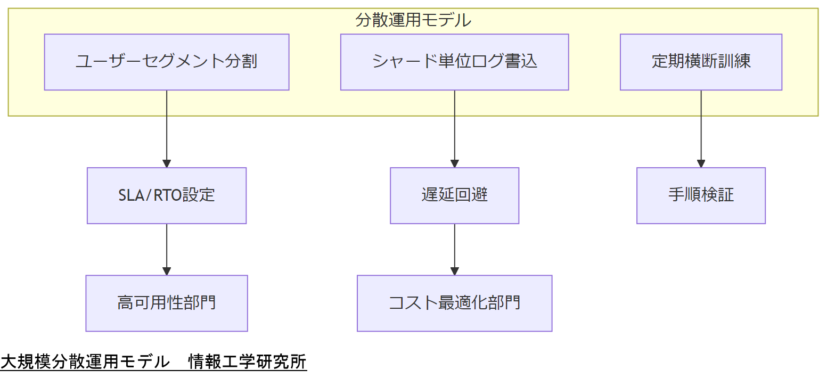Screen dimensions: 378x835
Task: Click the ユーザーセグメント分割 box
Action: [x=167, y=62]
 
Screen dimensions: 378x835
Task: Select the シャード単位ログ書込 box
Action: [x=454, y=62]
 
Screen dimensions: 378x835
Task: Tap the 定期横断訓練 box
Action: [x=701, y=62]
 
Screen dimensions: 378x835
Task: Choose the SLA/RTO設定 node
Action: [x=167, y=195]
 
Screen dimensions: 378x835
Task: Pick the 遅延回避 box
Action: [x=454, y=195]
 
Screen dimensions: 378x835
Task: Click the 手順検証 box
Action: [x=701, y=195]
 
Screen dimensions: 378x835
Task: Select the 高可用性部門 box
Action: [x=167, y=303]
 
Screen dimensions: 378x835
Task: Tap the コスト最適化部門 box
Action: [x=454, y=303]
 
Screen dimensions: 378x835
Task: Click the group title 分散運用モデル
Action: [x=413, y=20]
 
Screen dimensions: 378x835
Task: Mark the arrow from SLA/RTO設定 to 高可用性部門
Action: [x=167, y=249]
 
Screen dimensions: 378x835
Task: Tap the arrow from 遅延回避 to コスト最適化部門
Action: [x=454, y=249]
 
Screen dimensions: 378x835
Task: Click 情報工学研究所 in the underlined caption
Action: [x=248, y=362]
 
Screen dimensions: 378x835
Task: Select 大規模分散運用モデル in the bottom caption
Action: [x=85, y=362]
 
